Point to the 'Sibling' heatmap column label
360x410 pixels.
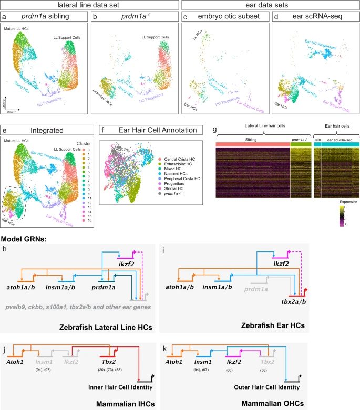253,140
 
